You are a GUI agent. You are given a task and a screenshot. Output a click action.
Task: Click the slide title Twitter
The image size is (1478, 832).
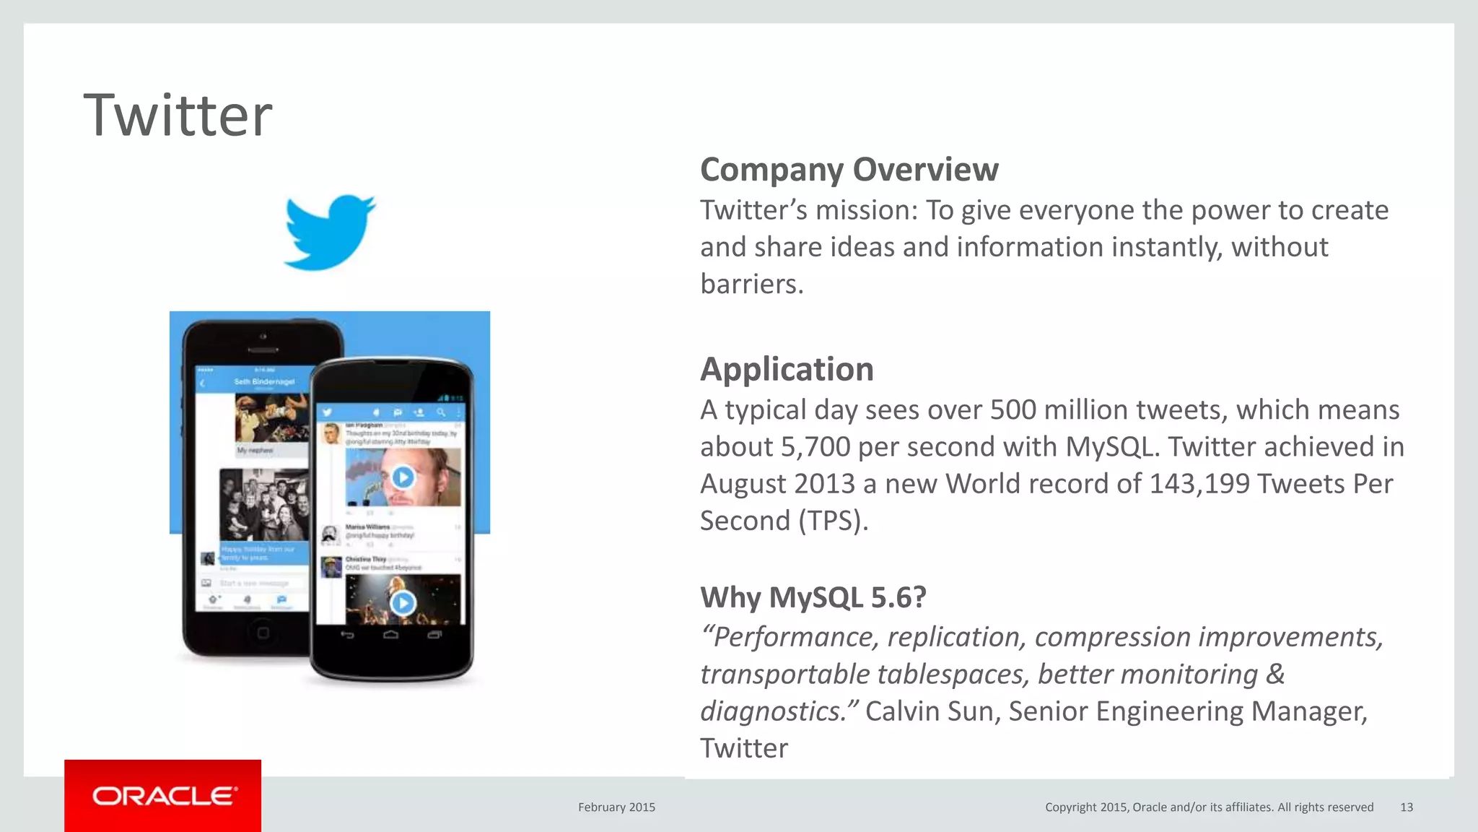[178, 116]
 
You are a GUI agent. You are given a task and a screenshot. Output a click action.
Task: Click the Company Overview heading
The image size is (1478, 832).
[849, 170]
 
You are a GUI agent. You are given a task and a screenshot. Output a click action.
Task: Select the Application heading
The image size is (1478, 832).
[787, 369]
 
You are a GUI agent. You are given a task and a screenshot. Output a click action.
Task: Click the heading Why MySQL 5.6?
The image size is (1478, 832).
[813, 597]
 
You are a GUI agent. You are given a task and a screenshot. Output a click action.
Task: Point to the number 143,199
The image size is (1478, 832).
[1199, 484]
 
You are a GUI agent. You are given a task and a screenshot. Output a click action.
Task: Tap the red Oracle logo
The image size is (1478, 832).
[163, 796]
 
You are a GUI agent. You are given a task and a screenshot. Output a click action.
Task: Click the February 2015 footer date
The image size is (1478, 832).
[616, 807]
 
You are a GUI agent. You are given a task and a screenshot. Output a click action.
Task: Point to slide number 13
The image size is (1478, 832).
[1406, 807]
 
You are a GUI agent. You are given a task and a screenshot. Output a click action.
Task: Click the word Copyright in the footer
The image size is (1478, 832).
[1070, 807]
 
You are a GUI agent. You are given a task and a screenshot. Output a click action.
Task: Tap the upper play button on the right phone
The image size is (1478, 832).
[403, 477]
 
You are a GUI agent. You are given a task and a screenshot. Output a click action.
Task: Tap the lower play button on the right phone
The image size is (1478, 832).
[403, 603]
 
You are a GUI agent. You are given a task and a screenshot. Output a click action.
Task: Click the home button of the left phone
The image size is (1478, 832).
[263, 633]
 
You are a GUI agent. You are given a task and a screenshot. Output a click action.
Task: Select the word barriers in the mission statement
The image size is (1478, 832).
[751, 284]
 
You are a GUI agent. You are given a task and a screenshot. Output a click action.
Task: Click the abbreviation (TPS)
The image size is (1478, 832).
[833, 521]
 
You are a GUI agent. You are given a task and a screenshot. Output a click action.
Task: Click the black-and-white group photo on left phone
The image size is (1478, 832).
[263, 503]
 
